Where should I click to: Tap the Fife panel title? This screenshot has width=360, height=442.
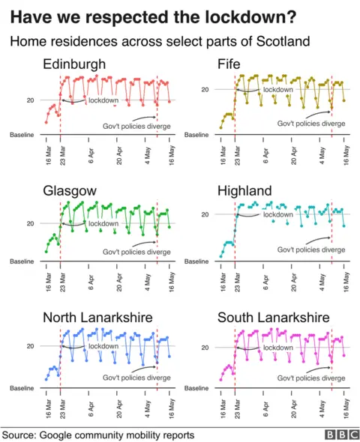point(229,65)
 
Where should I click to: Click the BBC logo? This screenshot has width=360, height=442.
point(340,435)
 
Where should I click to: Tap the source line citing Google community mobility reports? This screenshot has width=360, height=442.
point(98,435)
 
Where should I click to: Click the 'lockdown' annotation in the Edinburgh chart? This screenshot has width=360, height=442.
point(103,100)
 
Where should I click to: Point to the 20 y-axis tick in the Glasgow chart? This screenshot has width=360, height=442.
point(31,223)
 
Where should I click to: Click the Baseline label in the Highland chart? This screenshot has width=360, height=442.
point(196,261)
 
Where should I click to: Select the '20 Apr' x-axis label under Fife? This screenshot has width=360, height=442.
point(293,152)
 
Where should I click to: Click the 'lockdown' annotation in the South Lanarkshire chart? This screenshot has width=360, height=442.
point(277,348)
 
